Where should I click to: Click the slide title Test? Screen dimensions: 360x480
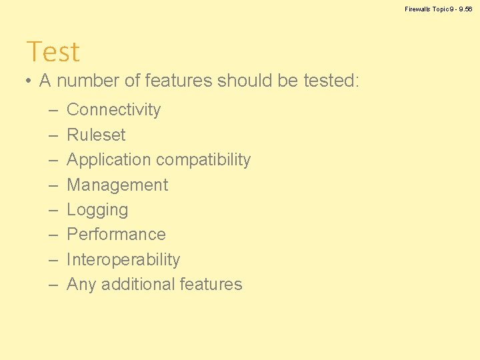(53, 52)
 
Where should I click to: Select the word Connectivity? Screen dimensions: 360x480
(113, 109)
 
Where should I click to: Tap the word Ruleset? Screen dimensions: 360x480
(96, 135)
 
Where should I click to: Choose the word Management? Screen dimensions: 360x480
(117, 185)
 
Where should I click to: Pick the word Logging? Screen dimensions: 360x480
(97, 210)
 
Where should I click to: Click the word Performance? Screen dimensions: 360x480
(116, 235)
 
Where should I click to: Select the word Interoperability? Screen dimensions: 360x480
(123, 259)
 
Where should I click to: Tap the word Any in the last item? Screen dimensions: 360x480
(81, 285)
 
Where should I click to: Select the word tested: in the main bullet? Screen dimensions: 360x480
(331, 81)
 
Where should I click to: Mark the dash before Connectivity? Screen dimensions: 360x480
(53, 110)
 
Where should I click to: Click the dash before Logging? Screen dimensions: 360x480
(53, 210)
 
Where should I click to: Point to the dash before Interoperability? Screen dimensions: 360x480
(53, 260)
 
